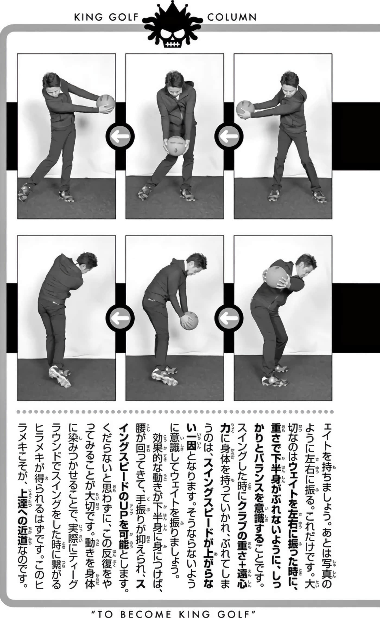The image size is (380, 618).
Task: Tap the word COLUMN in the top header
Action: tap(232, 18)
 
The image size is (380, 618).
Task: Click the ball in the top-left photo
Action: tap(106, 104)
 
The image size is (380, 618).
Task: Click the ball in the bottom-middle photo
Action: tap(189, 320)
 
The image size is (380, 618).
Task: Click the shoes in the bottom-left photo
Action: tap(59, 376)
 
